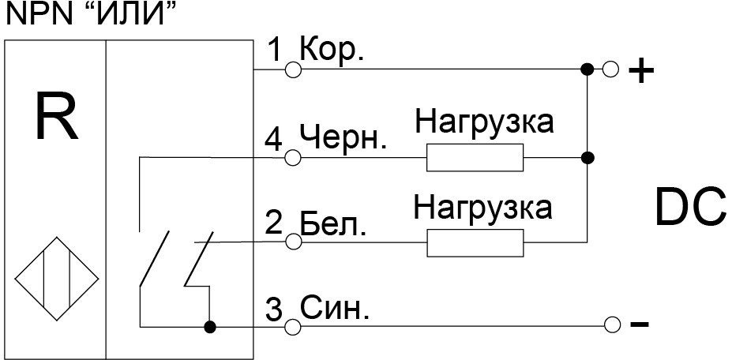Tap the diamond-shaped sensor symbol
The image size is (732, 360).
(x=56, y=279)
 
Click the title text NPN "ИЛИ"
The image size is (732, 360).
(x=89, y=13)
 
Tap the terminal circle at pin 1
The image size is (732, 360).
(x=293, y=69)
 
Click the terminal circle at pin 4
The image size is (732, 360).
(x=293, y=158)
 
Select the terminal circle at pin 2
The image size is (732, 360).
(x=293, y=243)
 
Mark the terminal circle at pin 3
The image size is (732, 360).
(x=293, y=325)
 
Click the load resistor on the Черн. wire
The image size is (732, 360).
(x=475, y=158)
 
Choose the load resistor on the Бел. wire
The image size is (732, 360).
(x=475, y=243)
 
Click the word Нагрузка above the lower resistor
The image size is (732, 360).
(x=482, y=208)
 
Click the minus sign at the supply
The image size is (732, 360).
(x=640, y=325)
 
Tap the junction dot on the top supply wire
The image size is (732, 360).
(x=586, y=69)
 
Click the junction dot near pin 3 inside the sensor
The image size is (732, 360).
(x=210, y=325)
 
